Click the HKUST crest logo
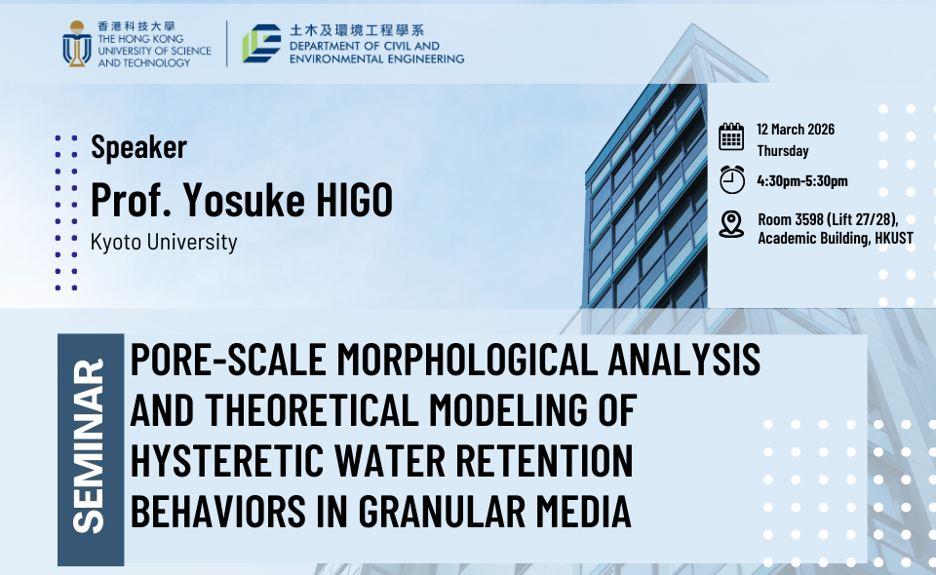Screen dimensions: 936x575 [77, 44]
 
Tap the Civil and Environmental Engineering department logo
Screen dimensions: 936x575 [261, 43]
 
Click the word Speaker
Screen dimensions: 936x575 [138, 147]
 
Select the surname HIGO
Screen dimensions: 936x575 [354, 199]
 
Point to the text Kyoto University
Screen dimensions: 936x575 [164, 242]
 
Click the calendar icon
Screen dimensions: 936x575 [731, 136]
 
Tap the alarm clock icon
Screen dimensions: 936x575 [732, 179]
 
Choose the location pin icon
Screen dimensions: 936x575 [731, 224]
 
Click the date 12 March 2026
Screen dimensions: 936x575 [796, 130]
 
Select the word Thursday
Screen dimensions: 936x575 [783, 151]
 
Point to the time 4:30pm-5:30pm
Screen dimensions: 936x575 [802, 180]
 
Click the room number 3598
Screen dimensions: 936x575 [808, 219]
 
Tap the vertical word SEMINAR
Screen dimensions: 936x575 [89, 446]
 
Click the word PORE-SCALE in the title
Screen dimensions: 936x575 [228, 360]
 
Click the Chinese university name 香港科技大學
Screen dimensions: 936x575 [136, 26]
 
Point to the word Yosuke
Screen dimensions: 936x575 [244, 199]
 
